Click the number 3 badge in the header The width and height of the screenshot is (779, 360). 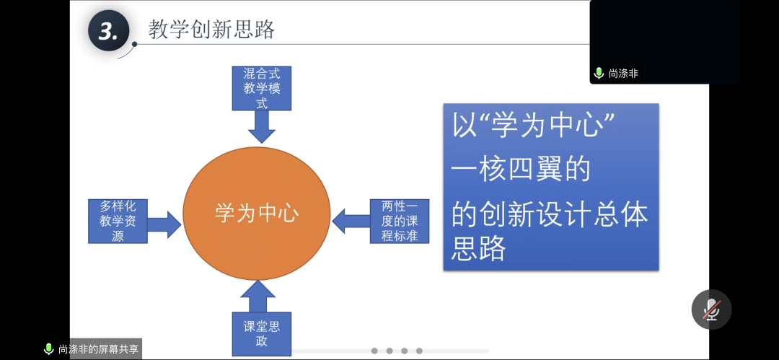click(108, 31)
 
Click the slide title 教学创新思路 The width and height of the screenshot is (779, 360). click(211, 30)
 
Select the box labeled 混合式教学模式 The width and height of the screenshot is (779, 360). click(261, 88)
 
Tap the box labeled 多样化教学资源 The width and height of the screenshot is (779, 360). click(118, 221)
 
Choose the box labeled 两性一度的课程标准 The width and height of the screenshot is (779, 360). click(400, 221)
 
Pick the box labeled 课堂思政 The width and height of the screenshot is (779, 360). click(261, 333)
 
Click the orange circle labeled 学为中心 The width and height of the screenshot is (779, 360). click(257, 213)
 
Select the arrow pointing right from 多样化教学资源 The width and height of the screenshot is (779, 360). click(164, 224)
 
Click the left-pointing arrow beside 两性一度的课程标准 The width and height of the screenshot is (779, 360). click(351, 221)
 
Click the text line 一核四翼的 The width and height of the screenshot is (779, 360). click(521, 169)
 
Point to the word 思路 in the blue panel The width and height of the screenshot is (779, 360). click(479, 248)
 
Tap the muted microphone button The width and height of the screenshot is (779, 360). click(711, 309)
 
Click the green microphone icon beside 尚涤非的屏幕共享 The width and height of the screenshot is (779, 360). click(49, 349)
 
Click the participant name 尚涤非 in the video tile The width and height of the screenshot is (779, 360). click(623, 73)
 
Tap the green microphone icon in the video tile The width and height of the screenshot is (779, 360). click(599, 73)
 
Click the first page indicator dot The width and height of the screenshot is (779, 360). click(374, 351)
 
